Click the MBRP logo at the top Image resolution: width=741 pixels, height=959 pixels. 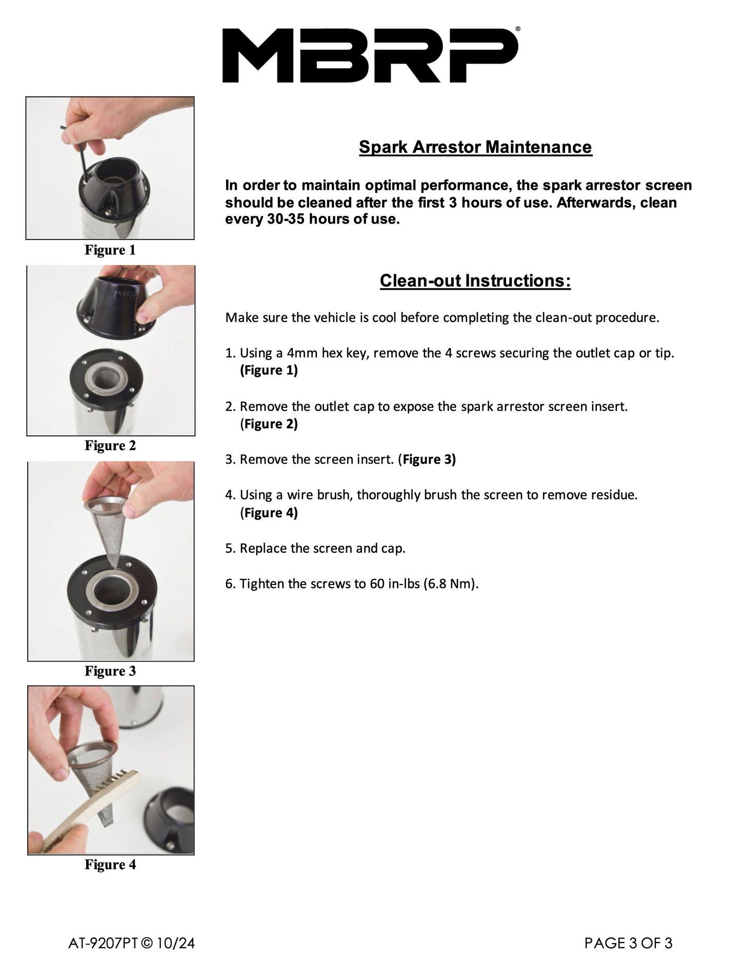pos(370,55)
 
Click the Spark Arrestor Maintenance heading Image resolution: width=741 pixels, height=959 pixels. pos(475,147)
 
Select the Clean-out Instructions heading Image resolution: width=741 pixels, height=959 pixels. pos(475,281)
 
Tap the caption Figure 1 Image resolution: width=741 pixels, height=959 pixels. pos(110,250)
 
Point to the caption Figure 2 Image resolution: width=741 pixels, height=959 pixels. pos(110,446)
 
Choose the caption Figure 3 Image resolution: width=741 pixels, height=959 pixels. pos(110,671)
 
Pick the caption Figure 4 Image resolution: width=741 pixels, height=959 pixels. pos(110,865)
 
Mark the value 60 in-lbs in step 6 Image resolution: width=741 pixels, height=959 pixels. pos(394,584)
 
